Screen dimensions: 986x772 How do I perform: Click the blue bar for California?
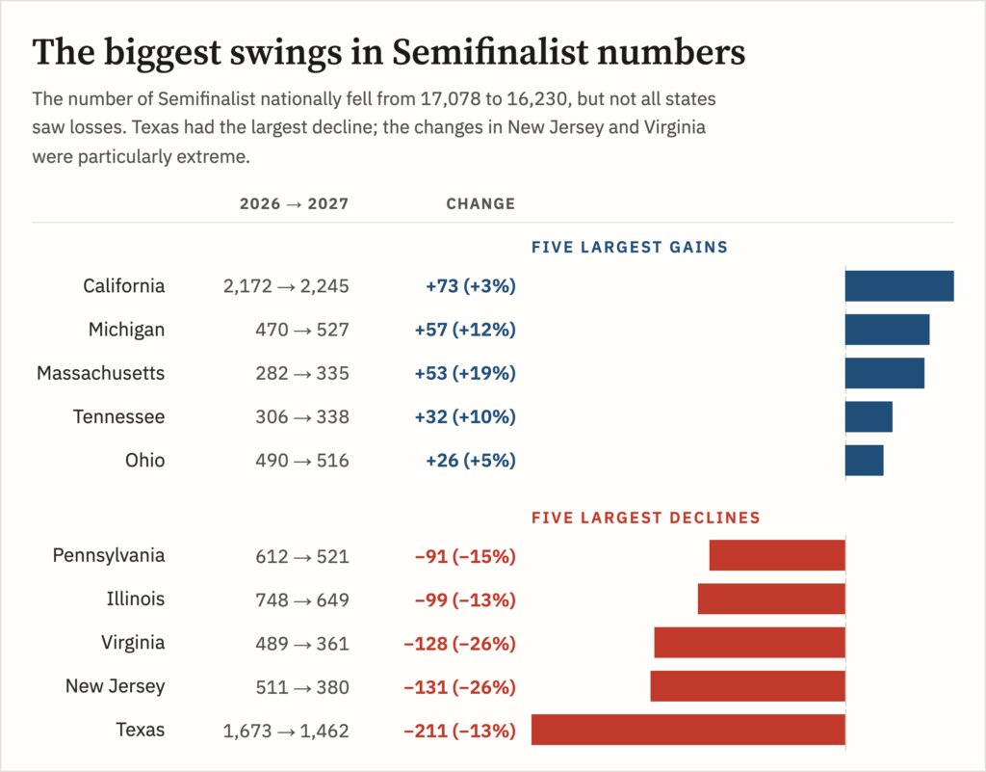[x=899, y=285]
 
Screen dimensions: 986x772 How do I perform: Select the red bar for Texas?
[x=688, y=730]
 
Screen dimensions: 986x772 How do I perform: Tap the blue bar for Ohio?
[x=864, y=461]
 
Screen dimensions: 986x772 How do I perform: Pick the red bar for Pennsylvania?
[x=777, y=555]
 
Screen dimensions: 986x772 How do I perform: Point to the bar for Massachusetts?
[x=885, y=373]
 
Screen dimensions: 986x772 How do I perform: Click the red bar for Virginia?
[x=749, y=643]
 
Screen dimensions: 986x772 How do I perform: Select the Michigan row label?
[x=126, y=330]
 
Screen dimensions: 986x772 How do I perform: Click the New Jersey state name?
[x=116, y=686]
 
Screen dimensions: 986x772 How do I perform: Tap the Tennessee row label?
[x=118, y=416]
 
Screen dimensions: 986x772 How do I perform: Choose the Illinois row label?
[x=135, y=599]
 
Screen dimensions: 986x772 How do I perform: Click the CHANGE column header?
[x=480, y=204]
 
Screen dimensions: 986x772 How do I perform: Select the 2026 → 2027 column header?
[x=294, y=204]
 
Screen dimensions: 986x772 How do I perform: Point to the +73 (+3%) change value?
[x=470, y=286]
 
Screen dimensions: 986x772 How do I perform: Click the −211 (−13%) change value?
[x=459, y=732]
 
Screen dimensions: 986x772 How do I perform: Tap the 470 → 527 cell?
[x=301, y=330]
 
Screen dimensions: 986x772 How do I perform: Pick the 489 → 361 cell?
[x=301, y=644]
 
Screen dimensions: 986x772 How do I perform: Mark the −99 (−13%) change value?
[x=465, y=600]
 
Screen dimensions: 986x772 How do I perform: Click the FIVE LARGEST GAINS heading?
[x=630, y=248]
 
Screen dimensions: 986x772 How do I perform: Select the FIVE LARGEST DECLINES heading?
[x=646, y=518]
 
